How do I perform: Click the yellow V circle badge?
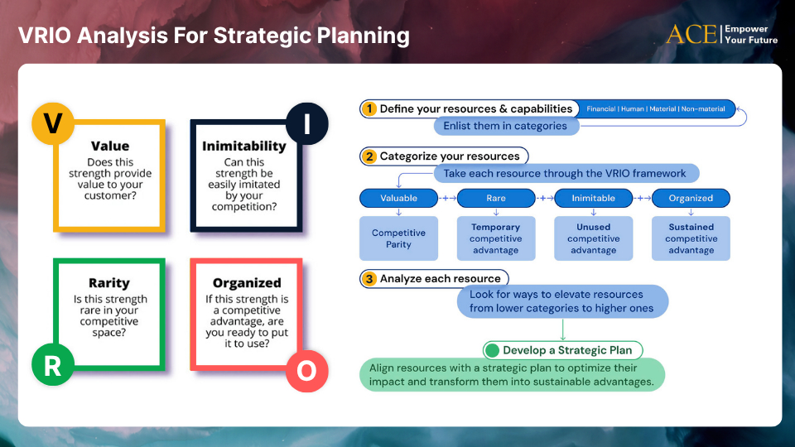coord(53,123)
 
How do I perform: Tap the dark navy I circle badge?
coord(306,123)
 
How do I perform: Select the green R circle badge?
coord(53,364)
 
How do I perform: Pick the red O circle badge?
coord(306,371)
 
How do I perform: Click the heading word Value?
coord(110,146)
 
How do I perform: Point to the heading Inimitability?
coord(244,146)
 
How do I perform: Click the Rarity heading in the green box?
coord(109,283)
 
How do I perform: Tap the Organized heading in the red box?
coord(247,283)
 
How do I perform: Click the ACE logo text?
coord(691,35)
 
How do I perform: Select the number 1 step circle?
coord(369,109)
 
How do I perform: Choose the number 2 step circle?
coord(369,156)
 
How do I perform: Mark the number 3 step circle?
coord(369,279)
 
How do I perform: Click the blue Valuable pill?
coord(398,198)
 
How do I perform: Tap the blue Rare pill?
coord(496,198)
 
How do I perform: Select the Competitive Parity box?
coord(398,238)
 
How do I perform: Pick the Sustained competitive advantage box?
coord(691,238)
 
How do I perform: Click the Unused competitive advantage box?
coord(593,238)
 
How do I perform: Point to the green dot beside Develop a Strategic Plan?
coord(492,350)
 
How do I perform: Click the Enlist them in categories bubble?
coord(506,126)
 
